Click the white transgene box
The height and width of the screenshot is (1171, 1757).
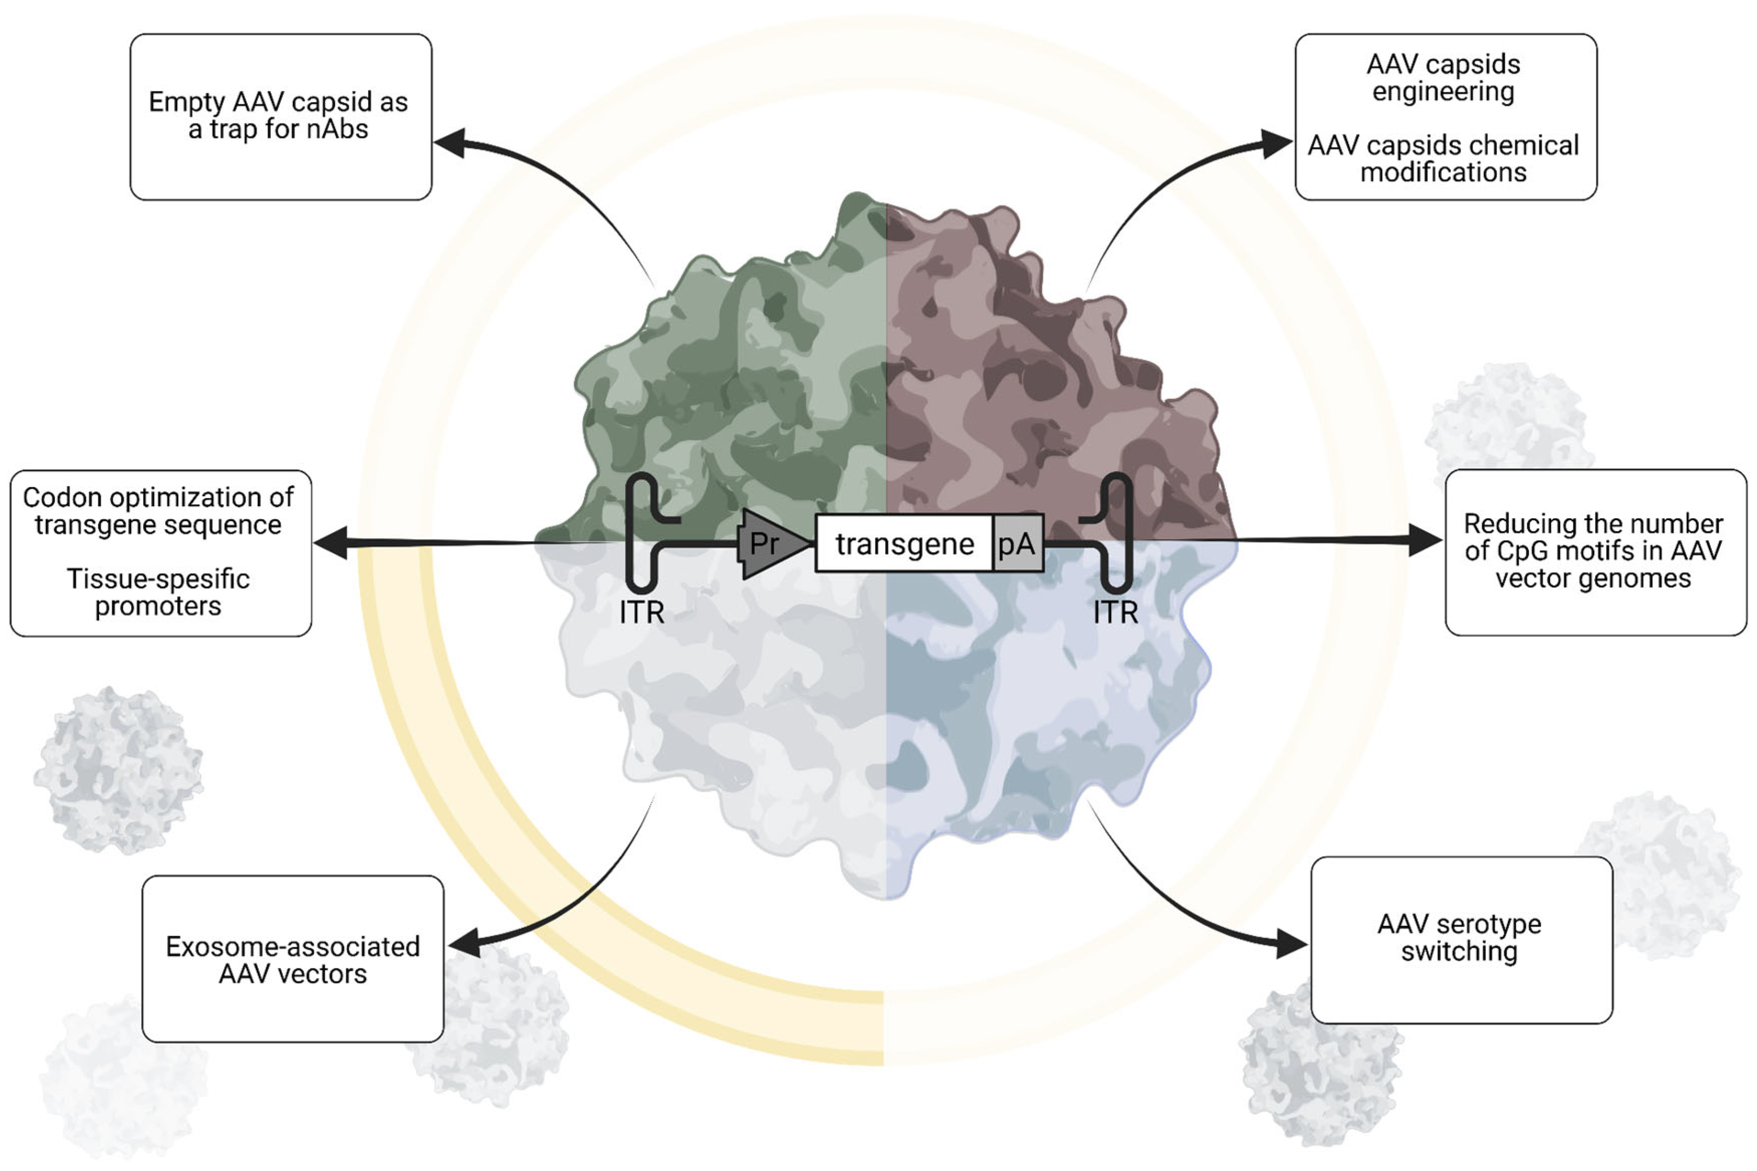[904, 544]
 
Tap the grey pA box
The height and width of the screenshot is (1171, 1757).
[1018, 544]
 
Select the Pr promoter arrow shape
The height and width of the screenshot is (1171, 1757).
[770, 544]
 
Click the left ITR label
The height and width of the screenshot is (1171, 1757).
[642, 613]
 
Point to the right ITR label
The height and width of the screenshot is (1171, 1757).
[1115, 613]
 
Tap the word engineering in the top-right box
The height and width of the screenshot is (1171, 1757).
[1443, 92]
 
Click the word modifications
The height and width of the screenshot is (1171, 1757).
[1443, 173]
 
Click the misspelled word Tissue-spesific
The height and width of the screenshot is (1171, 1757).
[158, 579]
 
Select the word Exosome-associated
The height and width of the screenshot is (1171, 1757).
[293, 947]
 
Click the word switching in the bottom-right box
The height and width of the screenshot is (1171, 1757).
[1459, 951]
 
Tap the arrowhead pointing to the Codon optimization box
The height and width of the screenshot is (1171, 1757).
[330, 542]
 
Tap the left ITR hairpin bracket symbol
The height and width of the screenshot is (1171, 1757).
[641, 532]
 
